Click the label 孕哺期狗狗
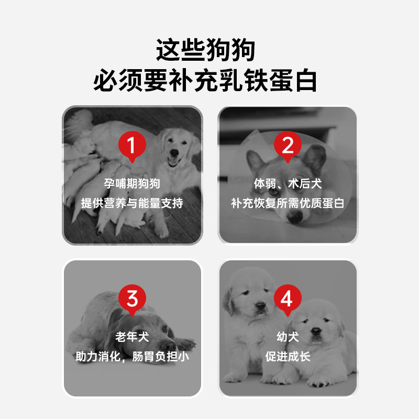(x=132, y=184)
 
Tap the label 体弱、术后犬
(x=288, y=184)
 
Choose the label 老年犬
(x=132, y=337)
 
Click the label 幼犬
(x=288, y=337)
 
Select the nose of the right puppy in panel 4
(x=316, y=331)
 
